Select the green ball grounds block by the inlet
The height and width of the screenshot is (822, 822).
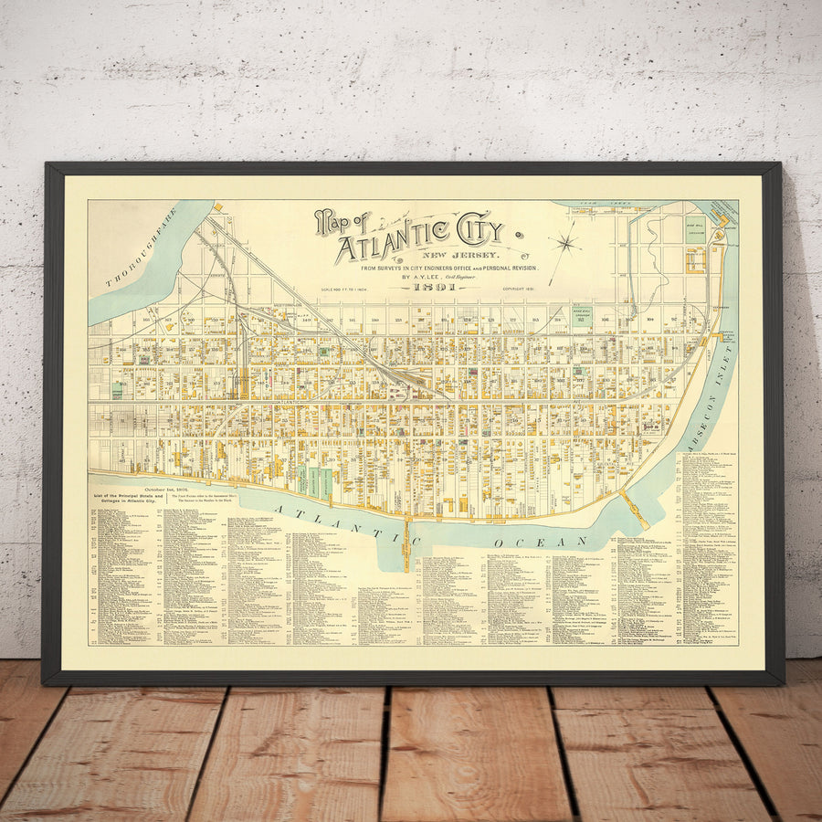(696, 229)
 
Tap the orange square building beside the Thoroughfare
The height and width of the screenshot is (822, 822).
(218, 208)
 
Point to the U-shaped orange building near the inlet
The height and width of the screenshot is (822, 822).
(697, 259)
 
